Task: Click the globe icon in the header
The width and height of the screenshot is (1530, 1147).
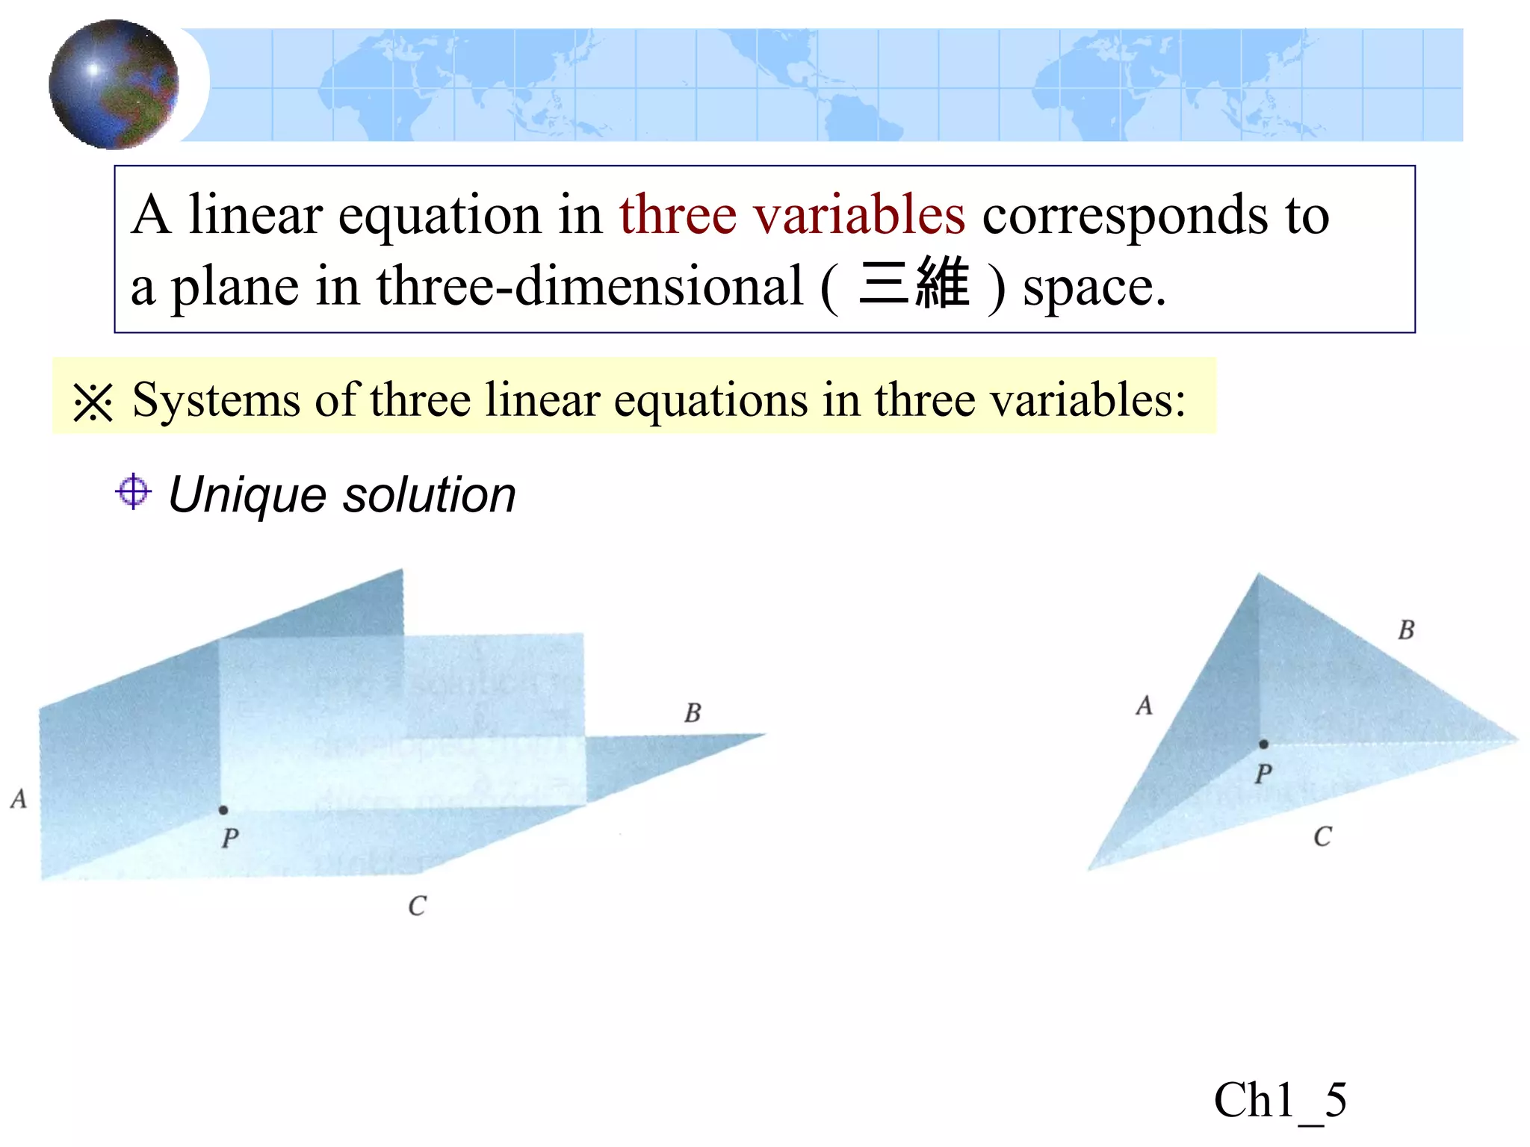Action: click(x=114, y=84)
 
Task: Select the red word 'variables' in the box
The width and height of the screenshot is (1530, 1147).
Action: click(x=858, y=215)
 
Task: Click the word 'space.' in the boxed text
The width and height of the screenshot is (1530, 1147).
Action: click(x=1094, y=287)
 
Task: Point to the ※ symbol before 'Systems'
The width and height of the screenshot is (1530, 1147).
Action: click(x=93, y=402)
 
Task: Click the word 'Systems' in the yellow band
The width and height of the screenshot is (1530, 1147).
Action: click(x=216, y=400)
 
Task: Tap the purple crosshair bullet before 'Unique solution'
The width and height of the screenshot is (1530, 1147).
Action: click(x=134, y=491)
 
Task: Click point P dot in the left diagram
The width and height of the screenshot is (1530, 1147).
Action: click(x=223, y=809)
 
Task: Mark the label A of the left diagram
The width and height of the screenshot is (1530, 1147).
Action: click(x=19, y=799)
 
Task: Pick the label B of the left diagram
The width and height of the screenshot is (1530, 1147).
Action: click(x=693, y=713)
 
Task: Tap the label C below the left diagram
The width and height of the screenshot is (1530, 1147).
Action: click(x=417, y=906)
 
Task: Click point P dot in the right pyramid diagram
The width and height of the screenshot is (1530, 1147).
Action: click(x=1263, y=744)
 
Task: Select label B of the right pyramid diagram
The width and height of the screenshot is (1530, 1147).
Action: click(x=1406, y=630)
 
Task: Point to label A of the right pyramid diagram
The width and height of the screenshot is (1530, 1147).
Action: click(x=1144, y=706)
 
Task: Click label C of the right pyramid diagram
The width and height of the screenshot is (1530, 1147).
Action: click(x=1322, y=836)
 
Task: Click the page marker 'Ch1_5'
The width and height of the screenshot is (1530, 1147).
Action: click(x=1280, y=1100)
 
